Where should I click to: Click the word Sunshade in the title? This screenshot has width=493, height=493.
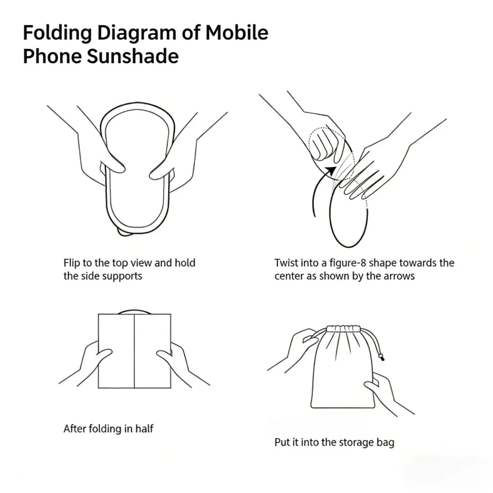pos(132,56)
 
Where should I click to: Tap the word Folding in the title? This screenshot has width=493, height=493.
pos(57,33)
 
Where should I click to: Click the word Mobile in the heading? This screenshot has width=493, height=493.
pos(237,32)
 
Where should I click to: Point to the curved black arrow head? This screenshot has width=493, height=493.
pos(331,170)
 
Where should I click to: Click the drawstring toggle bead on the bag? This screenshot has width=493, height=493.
pos(381,357)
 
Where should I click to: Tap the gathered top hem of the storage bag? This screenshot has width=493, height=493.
pos(343,329)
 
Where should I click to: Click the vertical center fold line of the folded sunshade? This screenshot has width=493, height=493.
pos(134,351)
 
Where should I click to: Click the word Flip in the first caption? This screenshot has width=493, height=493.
pos(71,263)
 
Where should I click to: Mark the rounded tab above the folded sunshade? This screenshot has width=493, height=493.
pos(134,312)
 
